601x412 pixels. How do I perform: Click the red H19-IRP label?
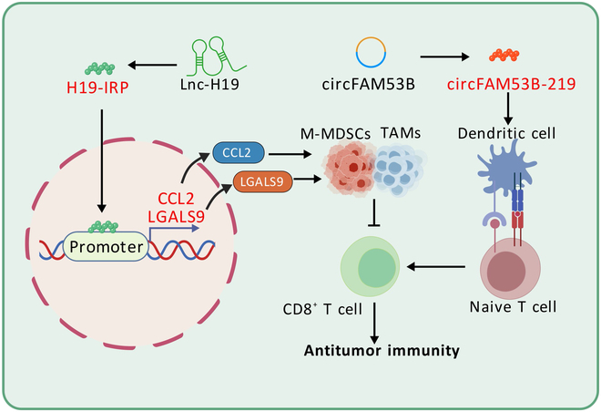pos(97,88)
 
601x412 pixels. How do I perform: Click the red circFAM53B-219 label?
pos(512,84)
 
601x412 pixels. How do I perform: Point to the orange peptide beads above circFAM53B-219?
pos(504,56)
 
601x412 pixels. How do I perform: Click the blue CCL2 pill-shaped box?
pos(239,153)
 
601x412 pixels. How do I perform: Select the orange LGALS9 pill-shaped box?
pos(262,181)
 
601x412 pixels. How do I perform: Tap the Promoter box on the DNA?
pos(107,247)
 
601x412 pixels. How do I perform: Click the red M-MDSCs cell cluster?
pos(349,168)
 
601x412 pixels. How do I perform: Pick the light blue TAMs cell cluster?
pos(399,170)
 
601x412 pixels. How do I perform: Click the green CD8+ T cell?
pos(370,266)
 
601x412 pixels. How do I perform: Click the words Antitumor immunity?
pos(382,351)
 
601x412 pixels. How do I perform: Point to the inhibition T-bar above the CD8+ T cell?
pos(374,213)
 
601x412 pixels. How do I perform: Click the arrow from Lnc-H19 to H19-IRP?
pos(152,66)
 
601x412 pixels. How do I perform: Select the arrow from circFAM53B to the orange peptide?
pos(444,57)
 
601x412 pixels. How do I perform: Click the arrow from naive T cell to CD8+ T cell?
pos(436,266)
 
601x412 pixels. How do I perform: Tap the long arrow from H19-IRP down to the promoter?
pos(102,160)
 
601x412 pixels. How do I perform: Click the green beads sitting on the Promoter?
pos(104,227)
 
